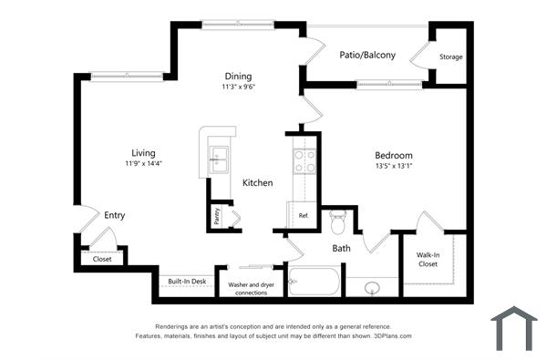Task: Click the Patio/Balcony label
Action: point(367,56)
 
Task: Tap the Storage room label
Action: point(450,57)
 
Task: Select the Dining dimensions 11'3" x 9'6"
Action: point(238,88)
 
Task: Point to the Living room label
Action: point(143,152)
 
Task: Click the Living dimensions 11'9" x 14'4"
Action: point(143,164)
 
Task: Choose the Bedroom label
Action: point(394,155)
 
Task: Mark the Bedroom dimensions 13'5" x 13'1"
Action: point(394,167)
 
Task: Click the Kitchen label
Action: point(257,183)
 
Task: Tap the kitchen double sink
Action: point(219,159)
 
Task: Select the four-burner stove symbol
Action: point(304,161)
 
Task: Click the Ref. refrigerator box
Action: point(304,216)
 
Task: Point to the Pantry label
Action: point(217,216)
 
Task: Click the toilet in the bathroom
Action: point(339,221)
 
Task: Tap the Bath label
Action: point(341,248)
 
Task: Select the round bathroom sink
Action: point(372,289)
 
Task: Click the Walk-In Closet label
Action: point(428,260)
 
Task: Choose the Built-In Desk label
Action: point(186,282)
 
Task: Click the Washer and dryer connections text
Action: point(251,288)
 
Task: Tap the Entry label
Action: point(114,216)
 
